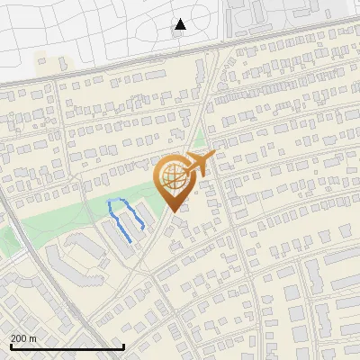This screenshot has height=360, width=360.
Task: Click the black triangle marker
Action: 180,24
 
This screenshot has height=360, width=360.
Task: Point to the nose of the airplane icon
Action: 214,157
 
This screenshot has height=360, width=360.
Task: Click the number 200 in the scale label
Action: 19,338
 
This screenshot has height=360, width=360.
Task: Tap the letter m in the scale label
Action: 32,338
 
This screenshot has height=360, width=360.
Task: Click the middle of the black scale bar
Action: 67,347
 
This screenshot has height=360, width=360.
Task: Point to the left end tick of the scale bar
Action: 11,346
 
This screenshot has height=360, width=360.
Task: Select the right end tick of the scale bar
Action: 123,346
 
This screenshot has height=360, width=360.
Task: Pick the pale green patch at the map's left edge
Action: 7,239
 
